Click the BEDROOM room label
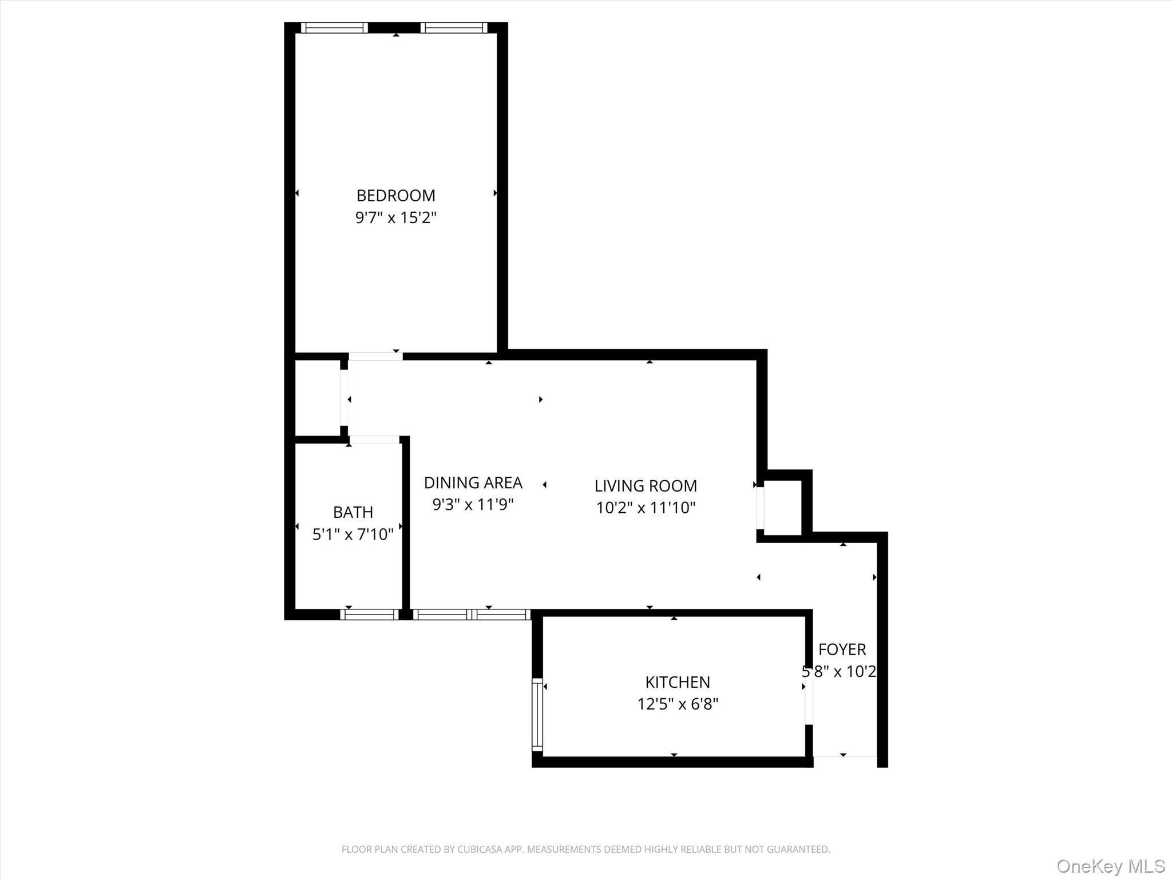(395, 196)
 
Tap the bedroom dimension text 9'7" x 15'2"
(395, 218)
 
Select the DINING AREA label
(473, 483)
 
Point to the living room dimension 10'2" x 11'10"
(646, 508)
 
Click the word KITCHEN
(678, 682)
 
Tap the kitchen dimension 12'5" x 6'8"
(678, 704)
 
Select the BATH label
(353, 512)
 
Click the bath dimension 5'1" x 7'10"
(353, 534)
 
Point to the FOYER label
(842, 650)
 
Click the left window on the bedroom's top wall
(334, 27)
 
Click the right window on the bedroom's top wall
(454, 27)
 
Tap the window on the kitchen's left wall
(537, 715)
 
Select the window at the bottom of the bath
(369, 615)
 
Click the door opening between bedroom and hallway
(375, 357)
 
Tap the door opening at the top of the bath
(374, 439)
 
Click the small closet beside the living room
(782, 508)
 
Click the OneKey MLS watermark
(1110, 866)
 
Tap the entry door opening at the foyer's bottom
(845, 757)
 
